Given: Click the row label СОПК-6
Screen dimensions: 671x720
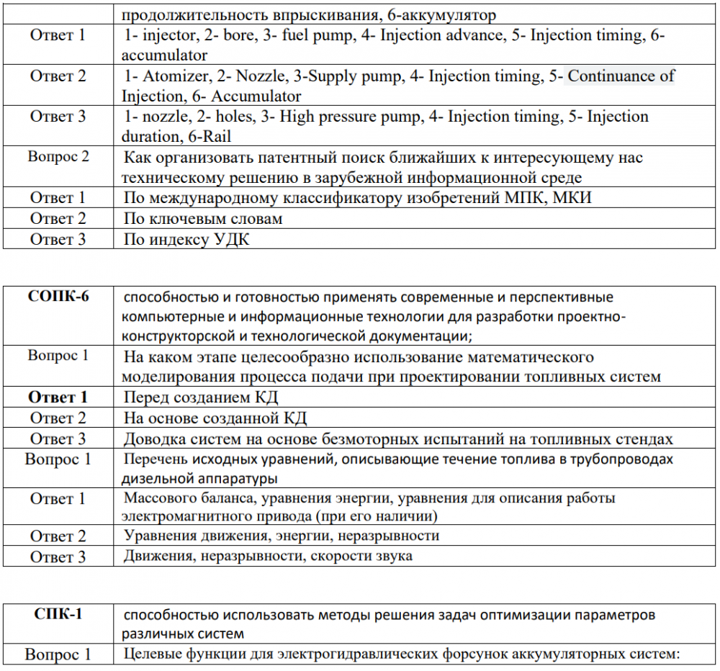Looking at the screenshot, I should pos(58,296).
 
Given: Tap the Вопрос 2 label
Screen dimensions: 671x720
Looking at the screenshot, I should pos(58,157).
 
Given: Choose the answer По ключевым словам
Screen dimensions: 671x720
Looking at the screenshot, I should pos(203,218).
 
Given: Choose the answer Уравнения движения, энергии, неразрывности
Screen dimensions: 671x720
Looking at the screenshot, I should pos(282,536).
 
